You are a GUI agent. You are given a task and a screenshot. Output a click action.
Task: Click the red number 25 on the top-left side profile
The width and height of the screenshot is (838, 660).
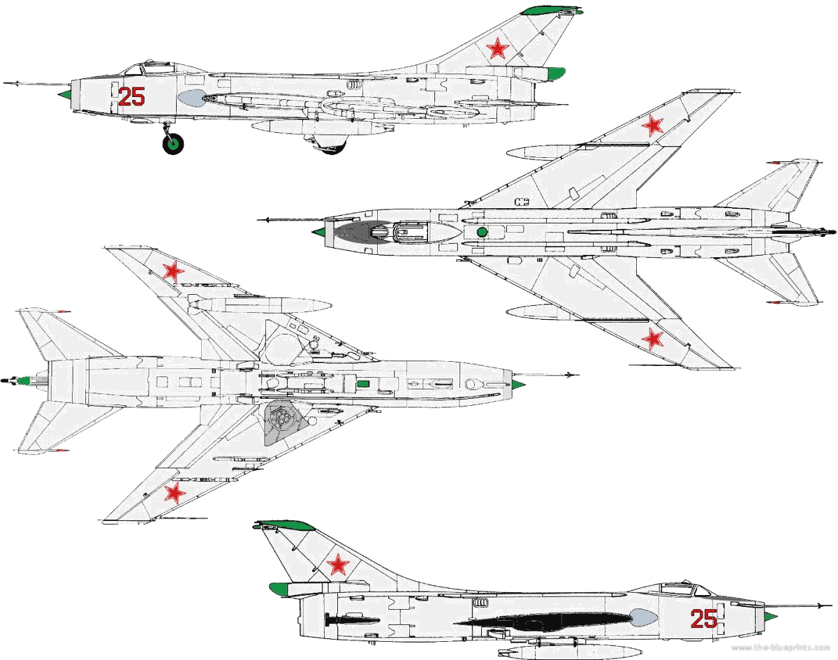click(x=131, y=96)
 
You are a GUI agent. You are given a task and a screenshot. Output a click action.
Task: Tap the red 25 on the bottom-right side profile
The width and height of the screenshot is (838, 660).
click(x=704, y=619)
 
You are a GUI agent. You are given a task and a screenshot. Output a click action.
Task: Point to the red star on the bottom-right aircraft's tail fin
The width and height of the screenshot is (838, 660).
click(x=337, y=564)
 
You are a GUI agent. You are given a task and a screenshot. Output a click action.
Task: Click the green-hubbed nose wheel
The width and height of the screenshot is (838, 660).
click(x=173, y=143)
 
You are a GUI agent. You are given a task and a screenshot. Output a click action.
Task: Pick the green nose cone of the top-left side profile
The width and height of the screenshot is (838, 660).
click(x=65, y=94)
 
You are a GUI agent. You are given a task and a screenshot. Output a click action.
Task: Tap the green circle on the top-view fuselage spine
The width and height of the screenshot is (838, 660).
click(x=482, y=232)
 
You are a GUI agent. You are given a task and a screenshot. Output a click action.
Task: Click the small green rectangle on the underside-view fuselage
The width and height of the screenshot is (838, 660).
click(x=363, y=384)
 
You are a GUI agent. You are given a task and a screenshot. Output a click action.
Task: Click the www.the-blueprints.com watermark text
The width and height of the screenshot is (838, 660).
click(x=780, y=647)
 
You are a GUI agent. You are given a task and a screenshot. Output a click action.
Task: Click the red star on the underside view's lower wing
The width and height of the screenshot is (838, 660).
click(x=175, y=493)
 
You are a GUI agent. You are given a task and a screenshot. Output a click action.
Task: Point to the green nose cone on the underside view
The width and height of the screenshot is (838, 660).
click(x=519, y=386)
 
